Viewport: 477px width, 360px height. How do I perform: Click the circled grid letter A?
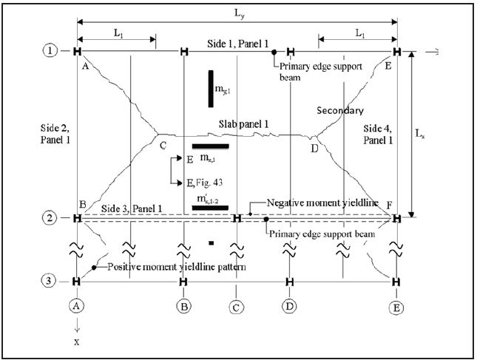point(77,304)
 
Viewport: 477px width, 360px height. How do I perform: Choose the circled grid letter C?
point(237,304)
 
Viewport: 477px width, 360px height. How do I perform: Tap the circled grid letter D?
point(289,304)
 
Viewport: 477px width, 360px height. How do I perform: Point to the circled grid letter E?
point(396,304)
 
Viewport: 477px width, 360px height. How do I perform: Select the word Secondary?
point(340,110)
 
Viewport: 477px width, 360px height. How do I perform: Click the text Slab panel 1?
point(241,123)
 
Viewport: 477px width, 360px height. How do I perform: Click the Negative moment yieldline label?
point(312,203)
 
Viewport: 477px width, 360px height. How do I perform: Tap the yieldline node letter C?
point(163,146)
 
